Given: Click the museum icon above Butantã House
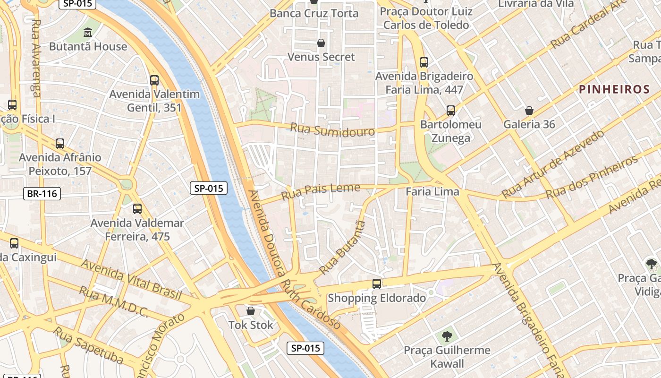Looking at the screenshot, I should [x=88, y=33].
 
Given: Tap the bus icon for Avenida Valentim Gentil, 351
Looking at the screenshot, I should [x=154, y=80].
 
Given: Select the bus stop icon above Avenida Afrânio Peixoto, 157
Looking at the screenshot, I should [x=59, y=143].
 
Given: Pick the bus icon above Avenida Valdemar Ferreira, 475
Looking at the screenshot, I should [x=137, y=208].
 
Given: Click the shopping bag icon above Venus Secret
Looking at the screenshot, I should [x=321, y=43].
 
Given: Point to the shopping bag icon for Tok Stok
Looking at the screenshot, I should [x=251, y=311].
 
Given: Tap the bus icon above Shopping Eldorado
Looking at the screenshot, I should [x=376, y=283].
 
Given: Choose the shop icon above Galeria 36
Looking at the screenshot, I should [x=529, y=111].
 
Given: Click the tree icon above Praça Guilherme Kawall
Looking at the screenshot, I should [x=447, y=336].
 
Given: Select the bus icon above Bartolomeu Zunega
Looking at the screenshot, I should [x=451, y=111].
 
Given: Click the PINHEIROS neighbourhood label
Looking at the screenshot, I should [x=614, y=89].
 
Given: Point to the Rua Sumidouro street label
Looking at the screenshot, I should [x=332, y=129].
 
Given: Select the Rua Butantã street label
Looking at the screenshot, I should [x=343, y=247].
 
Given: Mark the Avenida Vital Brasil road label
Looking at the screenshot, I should [x=131, y=279].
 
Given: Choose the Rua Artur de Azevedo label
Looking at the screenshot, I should [x=553, y=163].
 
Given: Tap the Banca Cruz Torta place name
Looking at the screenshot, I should [x=314, y=13].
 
